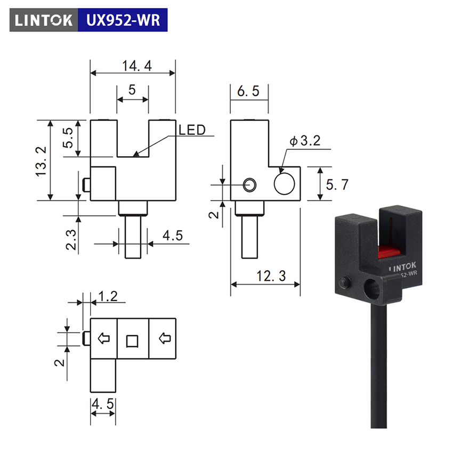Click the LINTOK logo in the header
[44, 20]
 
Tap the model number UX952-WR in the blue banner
[123, 20]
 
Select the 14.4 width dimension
[137, 66]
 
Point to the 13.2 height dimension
[41, 161]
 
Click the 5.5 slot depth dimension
[68, 138]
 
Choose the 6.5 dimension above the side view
[248, 91]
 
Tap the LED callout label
[192, 130]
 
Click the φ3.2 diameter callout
[305, 141]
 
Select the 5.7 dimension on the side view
[337, 184]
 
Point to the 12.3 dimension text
[271, 276]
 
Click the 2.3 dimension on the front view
[71, 239]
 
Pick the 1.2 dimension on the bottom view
[108, 296]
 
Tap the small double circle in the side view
[249, 185]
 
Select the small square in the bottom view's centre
[132, 341]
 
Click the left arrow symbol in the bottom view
[104, 338]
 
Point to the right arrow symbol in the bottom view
[165, 338]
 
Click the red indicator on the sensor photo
[389, 252]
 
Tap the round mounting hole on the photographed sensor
[373, 290]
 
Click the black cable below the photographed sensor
[378, 365]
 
